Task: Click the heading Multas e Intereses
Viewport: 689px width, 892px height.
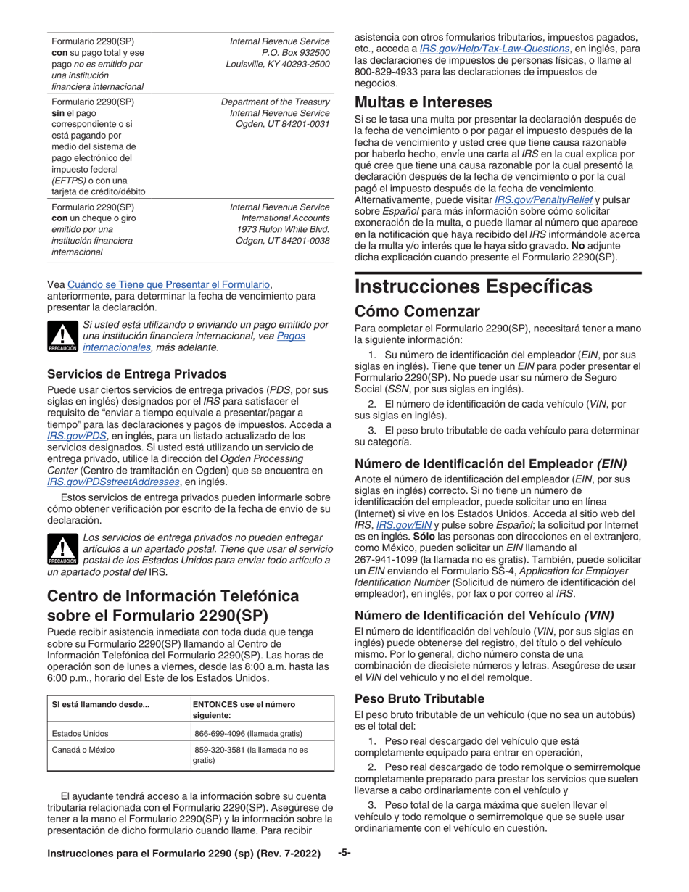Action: pos(423,102)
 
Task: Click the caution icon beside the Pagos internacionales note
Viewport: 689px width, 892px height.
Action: pos(62,336)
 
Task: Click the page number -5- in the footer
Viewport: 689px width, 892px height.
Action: pos(344,853)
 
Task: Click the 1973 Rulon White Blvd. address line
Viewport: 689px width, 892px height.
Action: pos(284,229)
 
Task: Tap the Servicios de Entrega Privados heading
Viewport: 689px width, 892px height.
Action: pos(136,373)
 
